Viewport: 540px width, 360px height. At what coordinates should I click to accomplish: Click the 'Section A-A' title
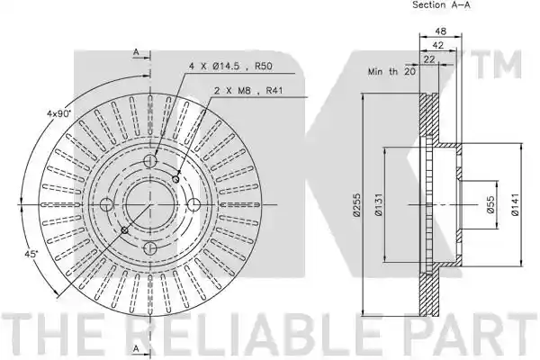click(x=441, y=4)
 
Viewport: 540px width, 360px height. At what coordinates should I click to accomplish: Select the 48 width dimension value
click(x=440, y=31)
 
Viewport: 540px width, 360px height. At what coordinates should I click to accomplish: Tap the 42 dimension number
click(x=437, y=45)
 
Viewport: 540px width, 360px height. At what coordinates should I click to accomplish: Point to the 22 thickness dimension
click(x=429, y=59)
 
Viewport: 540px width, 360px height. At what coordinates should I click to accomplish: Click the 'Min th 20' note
click(x=391, y=72)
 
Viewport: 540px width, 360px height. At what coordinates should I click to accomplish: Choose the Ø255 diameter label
click(x=356, y=204)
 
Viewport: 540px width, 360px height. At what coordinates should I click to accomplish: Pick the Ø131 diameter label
click(x=378, y=204)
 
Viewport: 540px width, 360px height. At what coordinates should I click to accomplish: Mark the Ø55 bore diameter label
click(x=490, y=204)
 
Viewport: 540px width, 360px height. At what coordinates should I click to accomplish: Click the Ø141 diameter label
click(x=515, y=204)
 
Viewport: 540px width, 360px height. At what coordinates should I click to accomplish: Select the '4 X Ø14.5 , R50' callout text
click(x=230, y=66)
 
